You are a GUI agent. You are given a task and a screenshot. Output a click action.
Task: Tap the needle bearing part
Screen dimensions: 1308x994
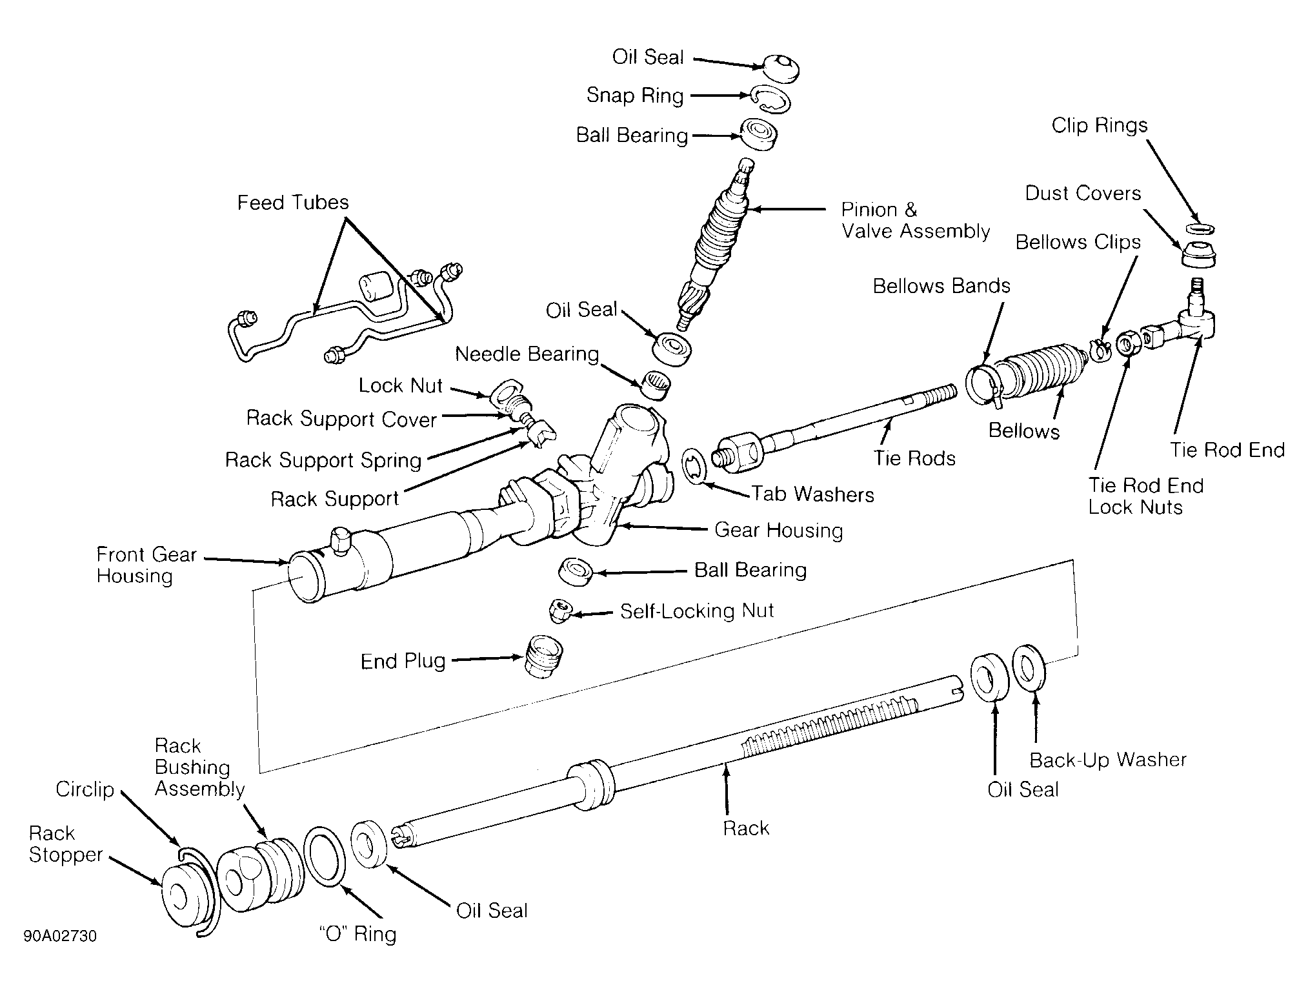click(x=655, y=385)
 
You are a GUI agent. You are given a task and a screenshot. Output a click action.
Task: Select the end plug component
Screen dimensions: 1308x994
click(x=544, y=656)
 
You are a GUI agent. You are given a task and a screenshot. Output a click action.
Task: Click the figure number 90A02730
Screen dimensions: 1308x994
click(x=60, y=936)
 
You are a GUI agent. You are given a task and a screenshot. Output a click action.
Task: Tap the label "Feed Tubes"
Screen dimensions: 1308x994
click(x=293, y=202)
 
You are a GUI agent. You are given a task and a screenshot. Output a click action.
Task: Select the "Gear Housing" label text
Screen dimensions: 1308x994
click(x=778, y=531)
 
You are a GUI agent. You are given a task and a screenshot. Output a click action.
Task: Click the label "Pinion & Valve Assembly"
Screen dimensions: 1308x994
click(x=915, y=220)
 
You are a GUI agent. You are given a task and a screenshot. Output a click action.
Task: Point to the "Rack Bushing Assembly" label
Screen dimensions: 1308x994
click(x=199, y=767)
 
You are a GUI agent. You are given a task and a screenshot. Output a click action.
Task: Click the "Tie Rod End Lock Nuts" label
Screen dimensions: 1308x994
click(x=1145, y=496)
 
